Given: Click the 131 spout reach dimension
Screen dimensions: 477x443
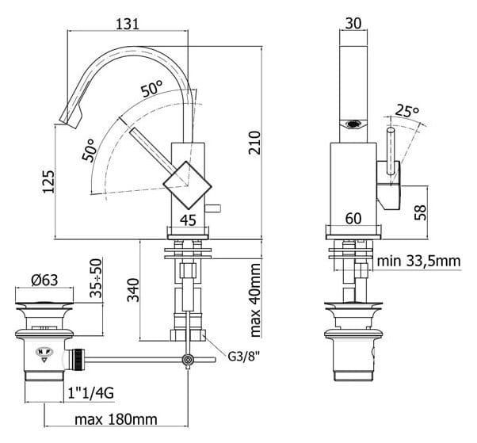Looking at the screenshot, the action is tap(128, 24).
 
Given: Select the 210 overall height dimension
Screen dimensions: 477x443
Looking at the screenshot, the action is tap(254, 143).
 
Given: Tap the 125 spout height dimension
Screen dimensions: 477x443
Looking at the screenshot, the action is tap(48, 181).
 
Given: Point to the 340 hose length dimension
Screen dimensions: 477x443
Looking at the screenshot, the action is tap(133, 290).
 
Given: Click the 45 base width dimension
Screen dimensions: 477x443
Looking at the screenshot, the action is tap(188, 220).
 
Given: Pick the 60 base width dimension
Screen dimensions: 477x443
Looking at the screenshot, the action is tap(353, 219).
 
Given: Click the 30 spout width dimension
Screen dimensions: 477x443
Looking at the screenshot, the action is tap(353, 23).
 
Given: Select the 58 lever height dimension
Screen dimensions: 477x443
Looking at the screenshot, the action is tap(421, 212).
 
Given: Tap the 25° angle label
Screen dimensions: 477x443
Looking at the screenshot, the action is tap(407, 110).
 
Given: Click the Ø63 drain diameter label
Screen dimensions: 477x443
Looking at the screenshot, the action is tap(44, 280).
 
